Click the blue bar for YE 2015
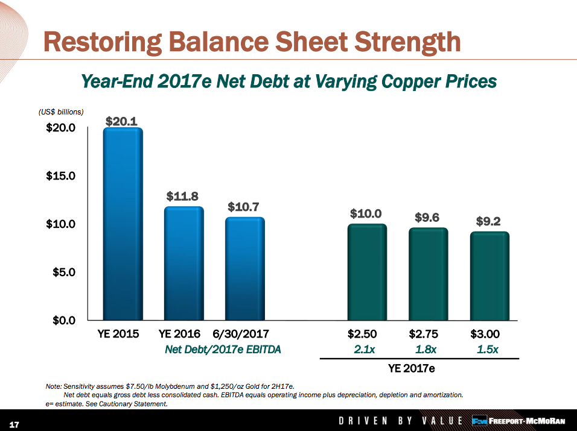(x=123, y=224)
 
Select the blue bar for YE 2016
(x=184, y=263)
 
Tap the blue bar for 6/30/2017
(x=244, y=269)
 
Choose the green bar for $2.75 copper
(x=428, y=274)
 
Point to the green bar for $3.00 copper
(x=489, y=276)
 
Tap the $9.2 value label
(x=488, y=221)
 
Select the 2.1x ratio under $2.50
(x=365, y=349)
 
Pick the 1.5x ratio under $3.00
(x=487, y=349)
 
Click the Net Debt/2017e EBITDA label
(x=223, y=349)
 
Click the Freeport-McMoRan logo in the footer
(x=518, y=420)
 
